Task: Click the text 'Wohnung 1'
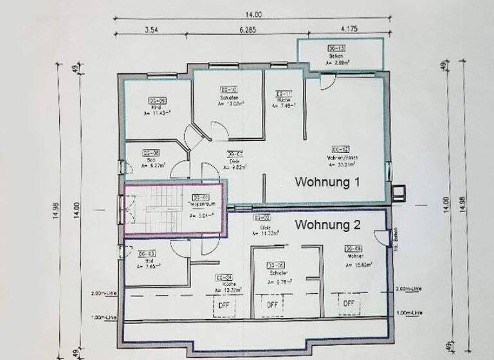click(327, 183)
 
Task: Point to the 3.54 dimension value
click(152, 29)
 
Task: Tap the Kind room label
click(156, 108)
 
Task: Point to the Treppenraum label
click(201, 204)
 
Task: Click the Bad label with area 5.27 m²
click(151, 160)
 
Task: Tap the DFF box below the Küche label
click(225, 304)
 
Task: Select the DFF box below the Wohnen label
click(349, 303)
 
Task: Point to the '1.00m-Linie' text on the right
click(410, 312)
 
